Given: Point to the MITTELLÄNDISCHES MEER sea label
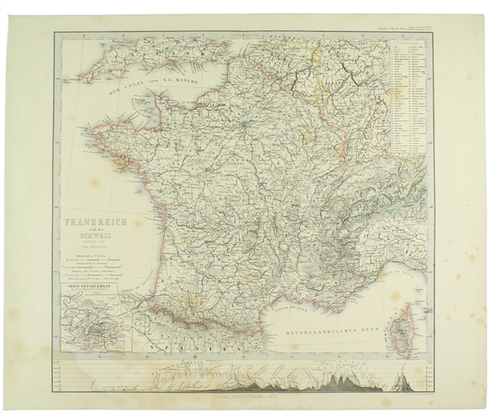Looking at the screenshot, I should coord(325,333).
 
